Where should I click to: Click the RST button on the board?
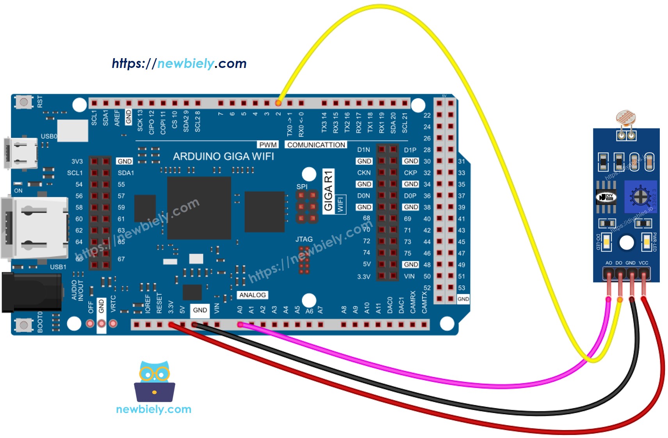[23, 102]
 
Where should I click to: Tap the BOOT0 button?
[23, 324]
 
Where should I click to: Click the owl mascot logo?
[155, 381]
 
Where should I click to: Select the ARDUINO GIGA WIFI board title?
[223, 157]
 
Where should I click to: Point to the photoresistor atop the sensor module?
[626, 118]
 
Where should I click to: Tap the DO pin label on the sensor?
[619, 263]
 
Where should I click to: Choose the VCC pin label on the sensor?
[643, 263]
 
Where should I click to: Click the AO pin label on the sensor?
[609, 263]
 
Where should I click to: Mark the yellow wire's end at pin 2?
[278, 103]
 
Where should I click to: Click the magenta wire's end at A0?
[240, 324]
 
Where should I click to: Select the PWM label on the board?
[268, 145]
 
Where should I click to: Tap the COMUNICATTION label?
[316, 145]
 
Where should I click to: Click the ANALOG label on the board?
[252, 295]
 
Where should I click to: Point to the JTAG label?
[304, 239]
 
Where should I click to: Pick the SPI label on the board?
[302, 187]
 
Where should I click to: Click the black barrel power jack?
[31, 292]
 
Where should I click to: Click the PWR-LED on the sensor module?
[647, 242]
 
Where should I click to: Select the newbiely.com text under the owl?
[153, 409]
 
